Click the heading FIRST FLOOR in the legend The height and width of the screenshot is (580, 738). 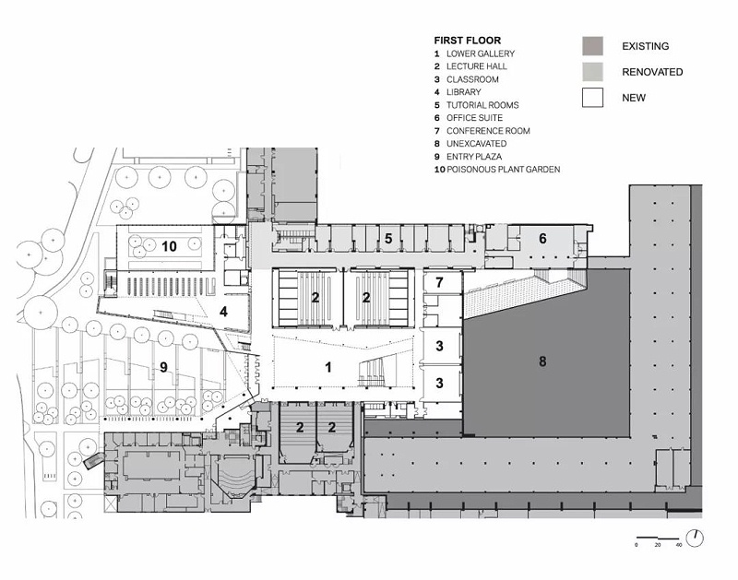click(468, 41)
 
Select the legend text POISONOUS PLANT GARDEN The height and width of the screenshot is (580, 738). click(503, 170)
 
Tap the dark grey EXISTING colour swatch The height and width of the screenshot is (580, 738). click(592, 46)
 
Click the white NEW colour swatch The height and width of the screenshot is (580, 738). click(592, 98)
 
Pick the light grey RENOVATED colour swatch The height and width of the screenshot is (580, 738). click(592, 72)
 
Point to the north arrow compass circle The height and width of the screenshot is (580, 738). click(695, 538)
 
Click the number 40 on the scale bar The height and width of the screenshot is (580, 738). click(679, 545)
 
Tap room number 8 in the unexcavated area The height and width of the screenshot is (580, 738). click(542, 361)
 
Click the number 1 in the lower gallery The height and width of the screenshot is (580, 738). click(328, 367)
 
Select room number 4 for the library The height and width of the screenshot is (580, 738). click(223, 312)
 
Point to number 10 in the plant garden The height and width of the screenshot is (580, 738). click(169, 246)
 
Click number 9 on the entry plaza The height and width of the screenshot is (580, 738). click(163, 367)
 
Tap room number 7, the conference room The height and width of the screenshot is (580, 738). click(439, 282)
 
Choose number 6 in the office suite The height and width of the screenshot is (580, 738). click(542, 239)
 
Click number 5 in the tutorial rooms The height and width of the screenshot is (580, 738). click(388, 239)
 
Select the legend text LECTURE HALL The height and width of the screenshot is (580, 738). click(477, 66)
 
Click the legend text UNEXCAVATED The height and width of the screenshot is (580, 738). click(476, 144)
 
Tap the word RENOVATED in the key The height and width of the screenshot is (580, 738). click(652, 72)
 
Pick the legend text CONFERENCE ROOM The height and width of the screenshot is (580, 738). click(488, 131)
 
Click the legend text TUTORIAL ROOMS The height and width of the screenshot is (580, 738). click(482, 105)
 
